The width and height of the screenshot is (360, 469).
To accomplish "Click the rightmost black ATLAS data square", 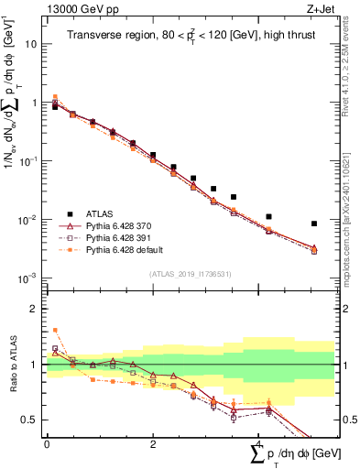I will tap(314, 224).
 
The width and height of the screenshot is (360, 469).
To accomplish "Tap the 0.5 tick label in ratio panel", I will tap(30, 420).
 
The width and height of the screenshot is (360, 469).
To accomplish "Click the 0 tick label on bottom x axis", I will tap(47, 443).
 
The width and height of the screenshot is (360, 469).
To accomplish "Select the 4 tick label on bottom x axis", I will tap(258, 443).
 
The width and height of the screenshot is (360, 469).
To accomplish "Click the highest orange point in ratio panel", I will tap(55, 330).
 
